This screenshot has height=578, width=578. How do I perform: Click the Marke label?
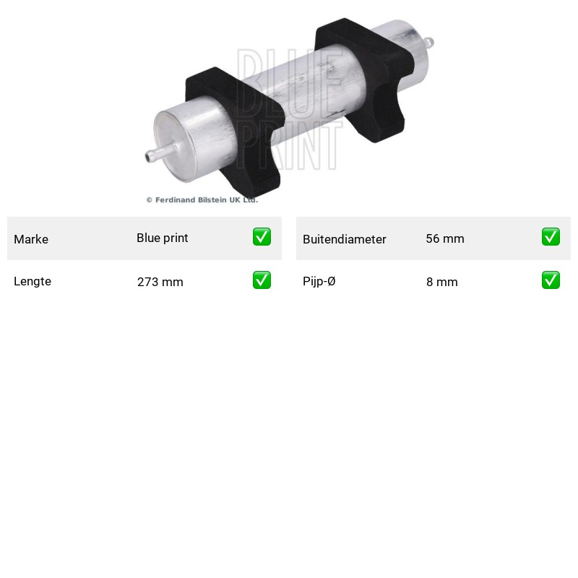(x=31, y=239)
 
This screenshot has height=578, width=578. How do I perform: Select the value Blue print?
(x=162, y=238)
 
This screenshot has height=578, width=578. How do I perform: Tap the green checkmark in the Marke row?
(x=262, y=237)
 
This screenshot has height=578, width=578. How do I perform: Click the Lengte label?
(x=33, y=281)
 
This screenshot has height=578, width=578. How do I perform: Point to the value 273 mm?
(x=160, y=282)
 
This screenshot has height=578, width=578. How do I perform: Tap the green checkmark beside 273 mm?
(x=262, y=280)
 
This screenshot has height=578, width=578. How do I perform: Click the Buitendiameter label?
(x=345, y=239)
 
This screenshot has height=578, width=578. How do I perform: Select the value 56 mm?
(x=445, y=238)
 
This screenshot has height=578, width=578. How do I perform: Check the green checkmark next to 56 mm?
(x=551, y=237)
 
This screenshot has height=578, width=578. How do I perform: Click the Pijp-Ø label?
(x=319, y=281)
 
